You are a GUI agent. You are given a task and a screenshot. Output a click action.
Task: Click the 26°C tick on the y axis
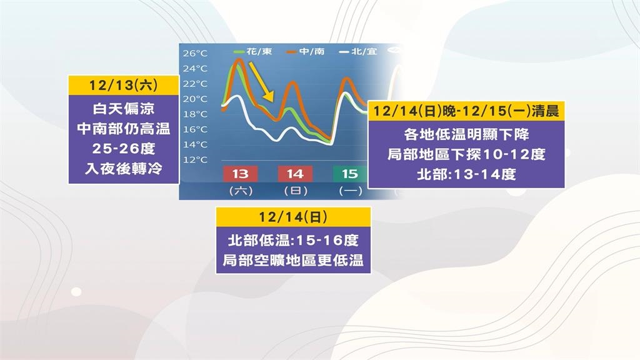194,54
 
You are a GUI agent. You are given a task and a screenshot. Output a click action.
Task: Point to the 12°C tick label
194,160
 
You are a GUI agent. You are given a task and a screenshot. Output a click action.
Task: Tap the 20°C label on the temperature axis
194,99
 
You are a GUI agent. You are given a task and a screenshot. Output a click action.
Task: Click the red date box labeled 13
240,173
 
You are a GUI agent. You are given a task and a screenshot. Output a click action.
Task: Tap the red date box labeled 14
294,173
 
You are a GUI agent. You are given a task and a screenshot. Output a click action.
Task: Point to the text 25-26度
123,150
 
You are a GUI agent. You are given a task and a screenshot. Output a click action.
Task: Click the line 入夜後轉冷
123,168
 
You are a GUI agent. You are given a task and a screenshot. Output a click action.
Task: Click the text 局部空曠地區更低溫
293,260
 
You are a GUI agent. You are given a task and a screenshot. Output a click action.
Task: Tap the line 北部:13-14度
466,174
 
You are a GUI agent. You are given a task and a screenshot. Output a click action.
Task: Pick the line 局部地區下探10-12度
466,154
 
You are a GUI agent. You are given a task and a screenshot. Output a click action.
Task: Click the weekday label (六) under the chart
240,191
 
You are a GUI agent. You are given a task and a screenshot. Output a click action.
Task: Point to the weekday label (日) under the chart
294,191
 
